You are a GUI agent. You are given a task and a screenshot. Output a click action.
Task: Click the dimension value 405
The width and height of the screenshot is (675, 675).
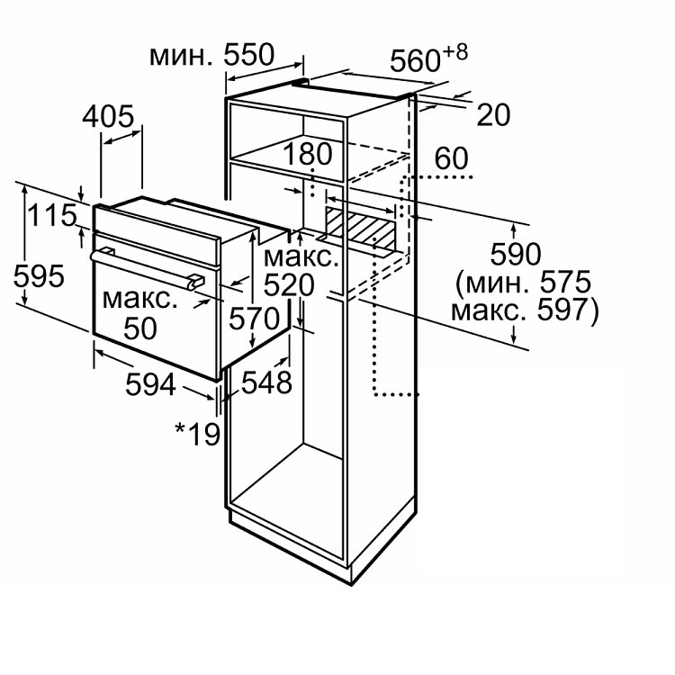pyautogui.click(x=108, y=117)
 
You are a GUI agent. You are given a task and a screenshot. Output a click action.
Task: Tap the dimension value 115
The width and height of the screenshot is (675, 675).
pyautogui.click(x=52, y=215)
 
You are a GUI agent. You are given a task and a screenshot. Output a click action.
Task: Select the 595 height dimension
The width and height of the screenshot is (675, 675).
pyautogui.click(x=39, y=276)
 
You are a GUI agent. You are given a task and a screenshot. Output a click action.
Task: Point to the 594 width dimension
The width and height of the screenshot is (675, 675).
pyautogui.click(x=150, y=384)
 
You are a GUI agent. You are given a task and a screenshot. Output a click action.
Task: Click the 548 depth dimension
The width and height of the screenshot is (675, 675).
pyautogui.click(x=266, y=382)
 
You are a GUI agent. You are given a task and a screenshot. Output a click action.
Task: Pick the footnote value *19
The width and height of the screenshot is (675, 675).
pyautogui.click(x=198, y=435)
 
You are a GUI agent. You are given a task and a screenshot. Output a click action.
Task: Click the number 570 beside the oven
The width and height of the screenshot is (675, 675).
pyautogui.click(x=255, y=319)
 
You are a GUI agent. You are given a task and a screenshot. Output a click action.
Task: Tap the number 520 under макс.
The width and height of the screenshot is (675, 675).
pyautogui.click(x=289, y=285)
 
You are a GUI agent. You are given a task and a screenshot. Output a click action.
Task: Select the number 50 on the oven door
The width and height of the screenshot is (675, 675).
pyautogui.click(x=139, y=328)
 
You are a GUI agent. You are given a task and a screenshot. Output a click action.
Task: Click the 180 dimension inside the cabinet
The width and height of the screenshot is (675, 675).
pyautogui.click(x=308, y=154)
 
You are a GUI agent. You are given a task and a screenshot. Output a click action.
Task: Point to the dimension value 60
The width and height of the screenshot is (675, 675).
pyautogui.click(x=451, y=158)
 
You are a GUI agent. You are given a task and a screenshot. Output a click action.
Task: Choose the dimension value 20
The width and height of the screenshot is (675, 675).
pyautogui.click(x=493, y=115)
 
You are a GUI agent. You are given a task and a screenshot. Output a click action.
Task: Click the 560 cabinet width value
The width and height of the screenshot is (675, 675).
pyautogui.click(x=415, y=60)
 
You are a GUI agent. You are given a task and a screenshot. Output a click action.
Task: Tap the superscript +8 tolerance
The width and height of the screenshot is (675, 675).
pyautogui.click(x=455, y=52)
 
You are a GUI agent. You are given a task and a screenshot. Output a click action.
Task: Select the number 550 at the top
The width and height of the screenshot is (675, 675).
pyautogui.click(x=248, y=55)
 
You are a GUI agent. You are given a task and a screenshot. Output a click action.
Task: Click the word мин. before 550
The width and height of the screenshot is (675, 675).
pyautogui.click(x=181, y=57)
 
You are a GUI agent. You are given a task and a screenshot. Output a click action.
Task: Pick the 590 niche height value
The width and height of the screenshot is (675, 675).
pyautogui.click(x=516, y=254)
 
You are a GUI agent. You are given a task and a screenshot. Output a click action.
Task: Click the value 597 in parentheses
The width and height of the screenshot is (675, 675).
pyautogui.click(x=562, y=310)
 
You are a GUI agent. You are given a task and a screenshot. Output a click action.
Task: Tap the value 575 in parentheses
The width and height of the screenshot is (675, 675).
pyautogui.click(x=566, y=282)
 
